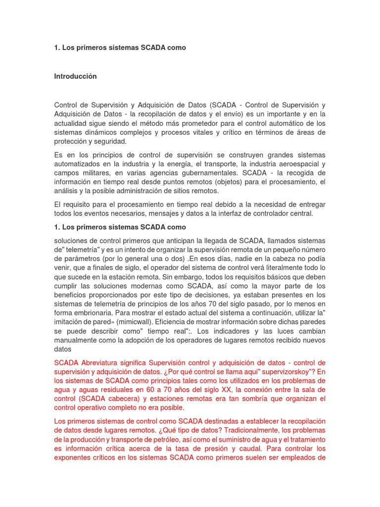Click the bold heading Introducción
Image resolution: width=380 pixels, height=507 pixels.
[x=75, y=76]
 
